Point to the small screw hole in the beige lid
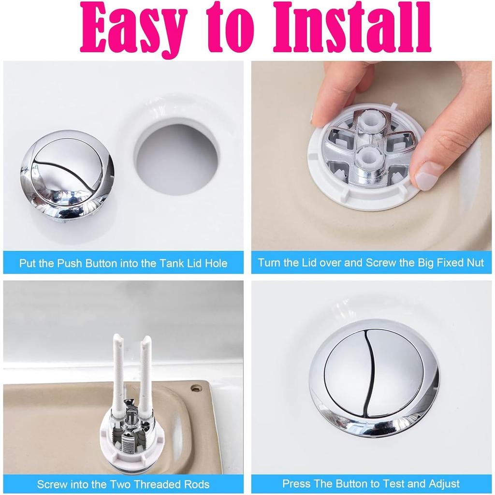pos(195,388)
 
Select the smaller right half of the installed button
pos(396,375)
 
